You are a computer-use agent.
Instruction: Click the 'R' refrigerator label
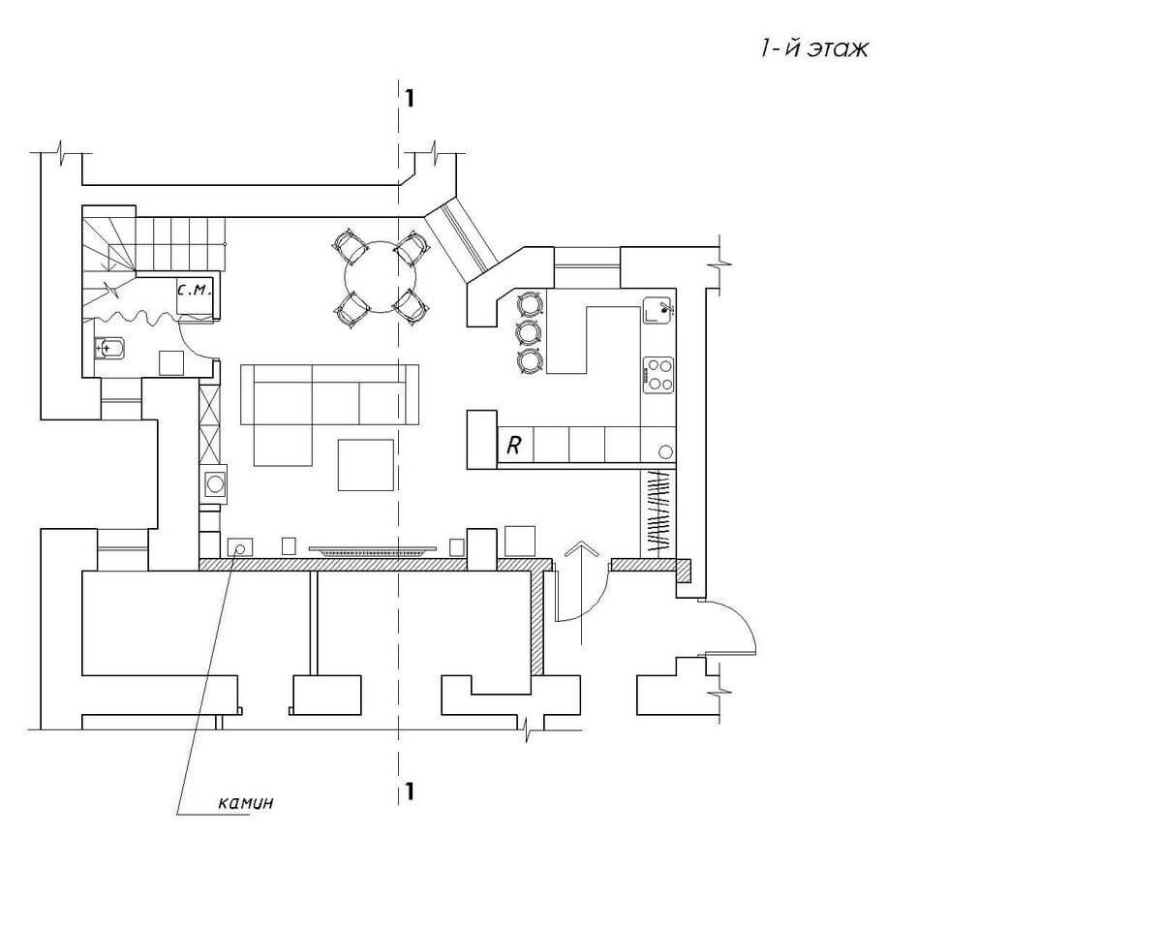(x=515, y=446)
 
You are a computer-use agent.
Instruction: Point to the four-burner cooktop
(x=658, y=375)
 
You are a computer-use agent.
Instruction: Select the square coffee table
(x=366, y=465)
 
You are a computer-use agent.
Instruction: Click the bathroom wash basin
(x=109, y=347)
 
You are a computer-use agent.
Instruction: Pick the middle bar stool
(x=529, y=333)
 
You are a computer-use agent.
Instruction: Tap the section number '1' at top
(x=411, y=97)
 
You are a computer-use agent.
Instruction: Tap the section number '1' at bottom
(x=411, y=791)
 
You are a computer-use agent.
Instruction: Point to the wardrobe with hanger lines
(x=657, y=512)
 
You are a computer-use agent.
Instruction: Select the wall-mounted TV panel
(x=373, y=551)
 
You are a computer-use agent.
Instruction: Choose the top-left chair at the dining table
(x=349, y=244)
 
